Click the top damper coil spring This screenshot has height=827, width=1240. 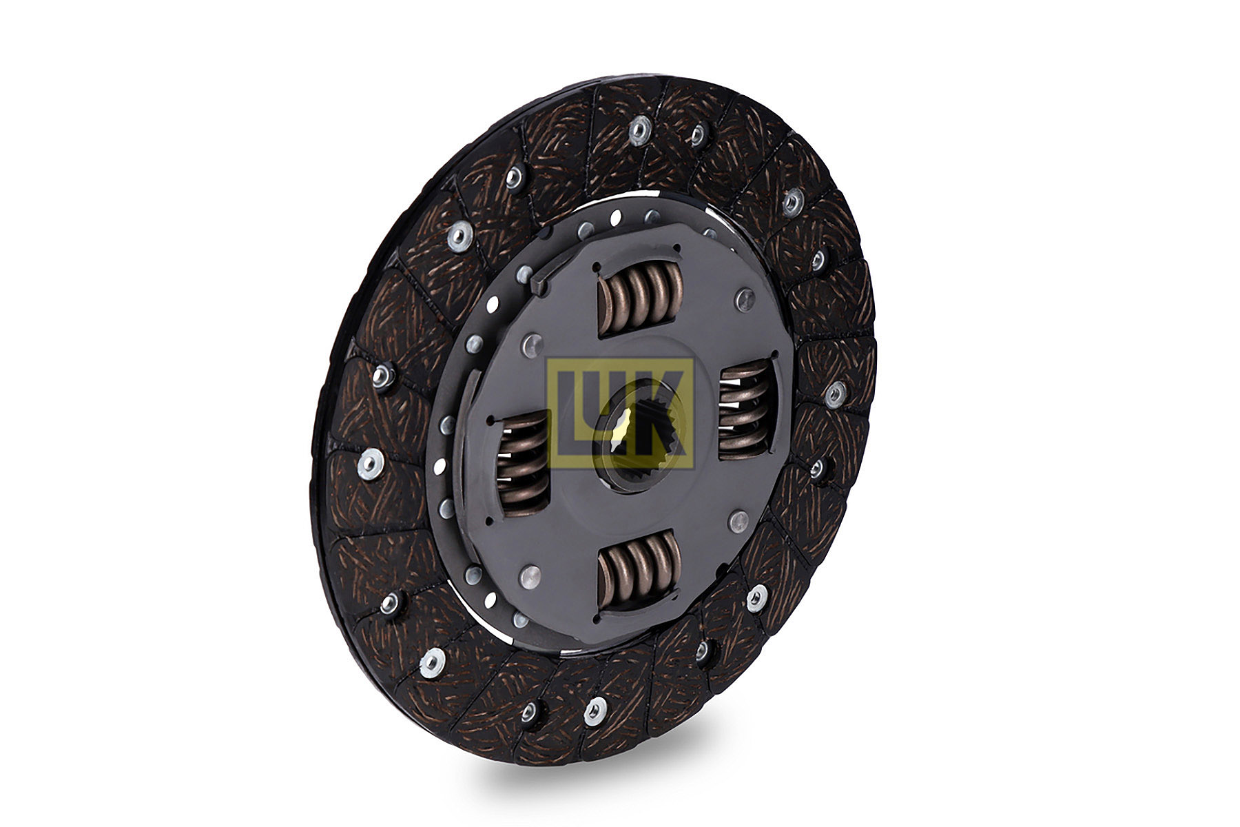click(x=640, y=298)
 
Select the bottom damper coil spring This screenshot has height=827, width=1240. click(x=640, y=571)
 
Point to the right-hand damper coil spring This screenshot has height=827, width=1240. click(x=746, y=409)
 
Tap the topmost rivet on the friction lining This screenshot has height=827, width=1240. click(x=641, y=128)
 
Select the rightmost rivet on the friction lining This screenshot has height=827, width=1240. click(x=834, y=394)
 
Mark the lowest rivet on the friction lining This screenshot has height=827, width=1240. click(x=595, y=710)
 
